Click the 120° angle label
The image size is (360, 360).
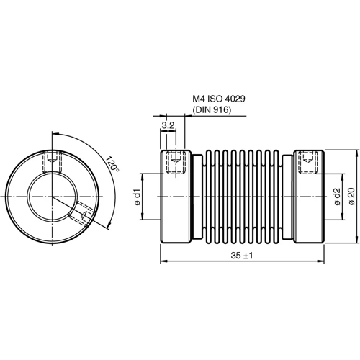[112, 167]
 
